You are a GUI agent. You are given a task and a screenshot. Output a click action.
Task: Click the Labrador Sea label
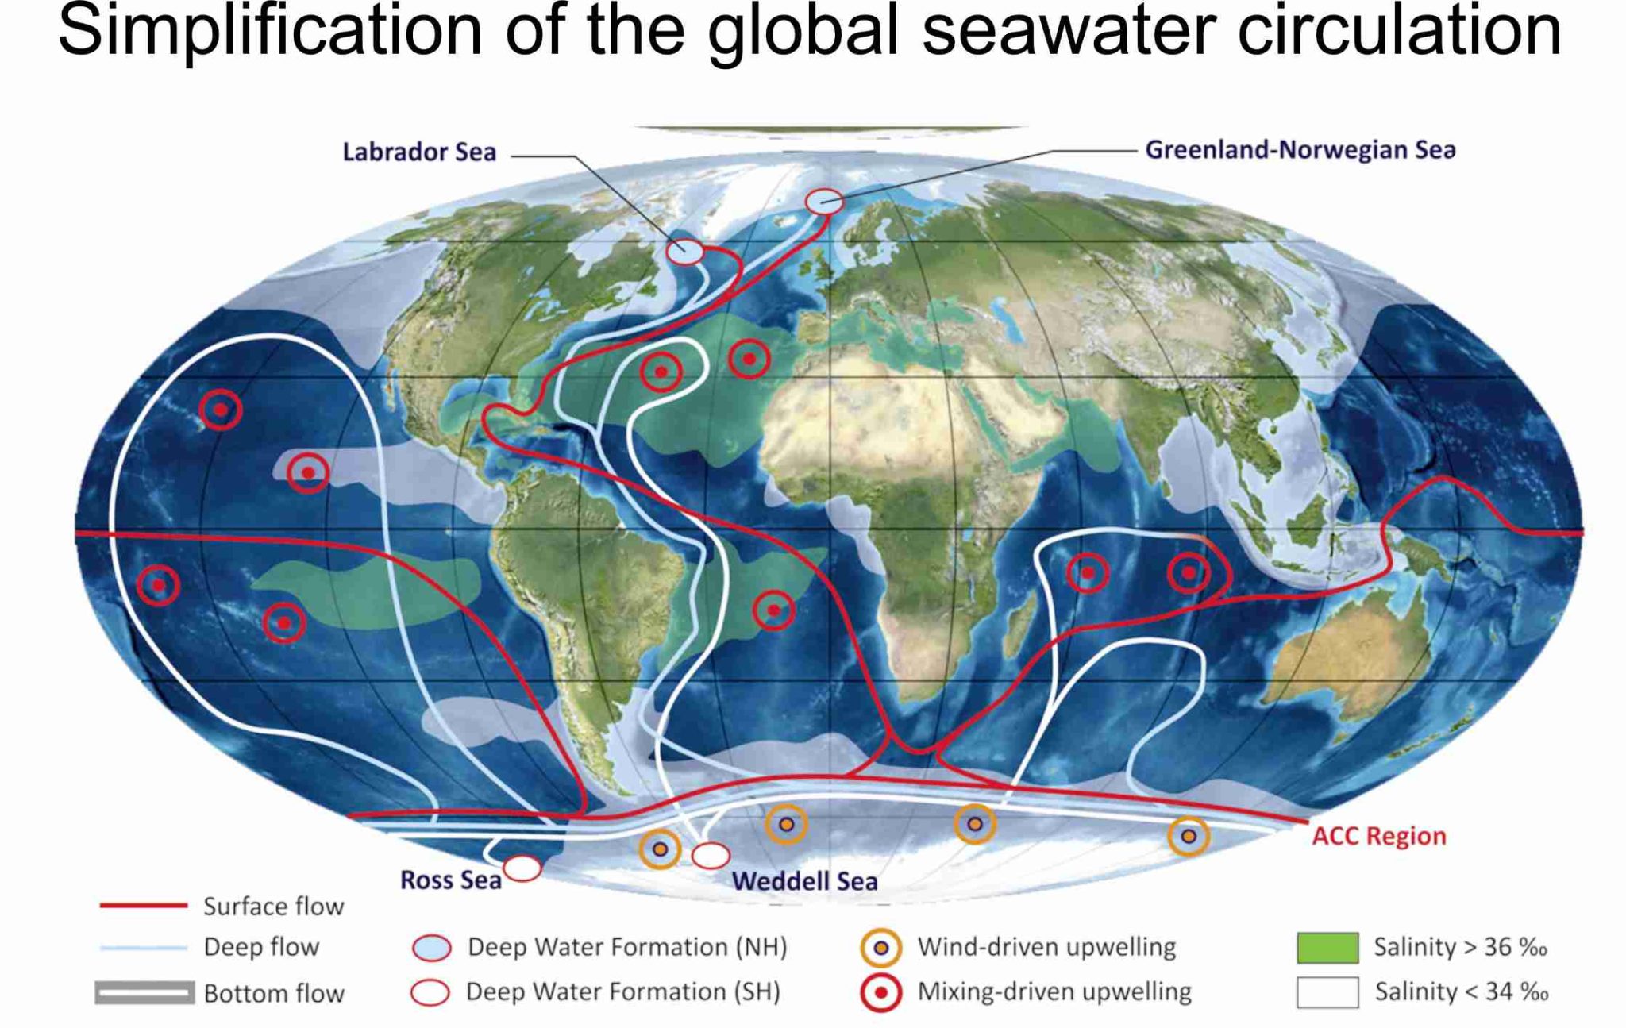419,152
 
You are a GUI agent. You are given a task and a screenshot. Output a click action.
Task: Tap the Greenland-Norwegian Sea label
1300,150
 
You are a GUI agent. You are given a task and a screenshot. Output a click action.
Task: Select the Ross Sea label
450,880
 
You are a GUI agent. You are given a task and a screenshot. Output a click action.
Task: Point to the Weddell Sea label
804,880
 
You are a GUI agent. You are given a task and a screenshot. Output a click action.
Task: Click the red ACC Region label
1378,836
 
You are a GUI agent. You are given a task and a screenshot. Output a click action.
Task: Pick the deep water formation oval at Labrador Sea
684,252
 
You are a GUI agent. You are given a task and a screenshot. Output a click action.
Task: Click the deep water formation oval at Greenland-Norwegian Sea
824,202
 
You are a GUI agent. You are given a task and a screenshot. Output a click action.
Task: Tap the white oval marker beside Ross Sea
522,868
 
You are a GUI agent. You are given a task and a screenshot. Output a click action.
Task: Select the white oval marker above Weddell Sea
711,855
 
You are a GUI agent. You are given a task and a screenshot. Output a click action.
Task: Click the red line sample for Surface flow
143,905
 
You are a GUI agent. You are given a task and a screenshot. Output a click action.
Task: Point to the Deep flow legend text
261,946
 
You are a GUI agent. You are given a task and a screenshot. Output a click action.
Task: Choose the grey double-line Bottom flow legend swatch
144,992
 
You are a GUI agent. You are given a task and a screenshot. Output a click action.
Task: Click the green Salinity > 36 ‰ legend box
1327,947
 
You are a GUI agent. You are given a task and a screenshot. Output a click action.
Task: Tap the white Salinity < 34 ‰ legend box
1327,992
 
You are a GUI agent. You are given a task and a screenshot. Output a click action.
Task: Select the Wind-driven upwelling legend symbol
880,948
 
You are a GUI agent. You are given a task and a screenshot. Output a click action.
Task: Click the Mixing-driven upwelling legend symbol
880,992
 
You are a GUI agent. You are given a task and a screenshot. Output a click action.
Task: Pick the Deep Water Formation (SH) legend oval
430,992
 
